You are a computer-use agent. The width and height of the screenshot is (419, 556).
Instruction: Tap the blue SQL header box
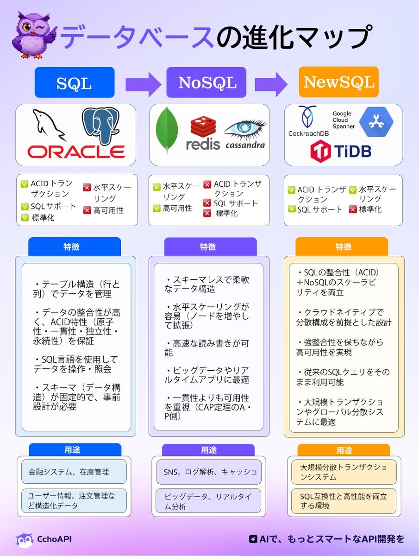point(74,82)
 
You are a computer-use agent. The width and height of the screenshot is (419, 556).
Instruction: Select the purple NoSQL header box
point(207,82)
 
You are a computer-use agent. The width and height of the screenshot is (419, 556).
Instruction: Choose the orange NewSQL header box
point(338,82)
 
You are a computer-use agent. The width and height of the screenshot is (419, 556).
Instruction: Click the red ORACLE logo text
point(75,152)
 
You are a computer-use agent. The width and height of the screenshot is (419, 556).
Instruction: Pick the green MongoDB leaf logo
point(167,130)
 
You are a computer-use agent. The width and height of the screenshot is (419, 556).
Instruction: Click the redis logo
point(203,134)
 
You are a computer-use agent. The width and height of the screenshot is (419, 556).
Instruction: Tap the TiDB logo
point(341,151)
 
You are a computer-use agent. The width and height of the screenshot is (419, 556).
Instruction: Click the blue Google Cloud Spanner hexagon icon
point(376,122)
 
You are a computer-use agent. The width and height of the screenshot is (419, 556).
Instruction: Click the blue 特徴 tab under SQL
point(74,246)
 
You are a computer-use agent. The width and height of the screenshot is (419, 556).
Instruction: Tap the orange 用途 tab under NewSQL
point(344,450)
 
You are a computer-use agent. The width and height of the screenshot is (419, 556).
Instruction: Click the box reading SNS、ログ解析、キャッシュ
point(209,472)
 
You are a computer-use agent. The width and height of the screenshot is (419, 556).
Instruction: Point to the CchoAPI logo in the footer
point(44,539)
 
